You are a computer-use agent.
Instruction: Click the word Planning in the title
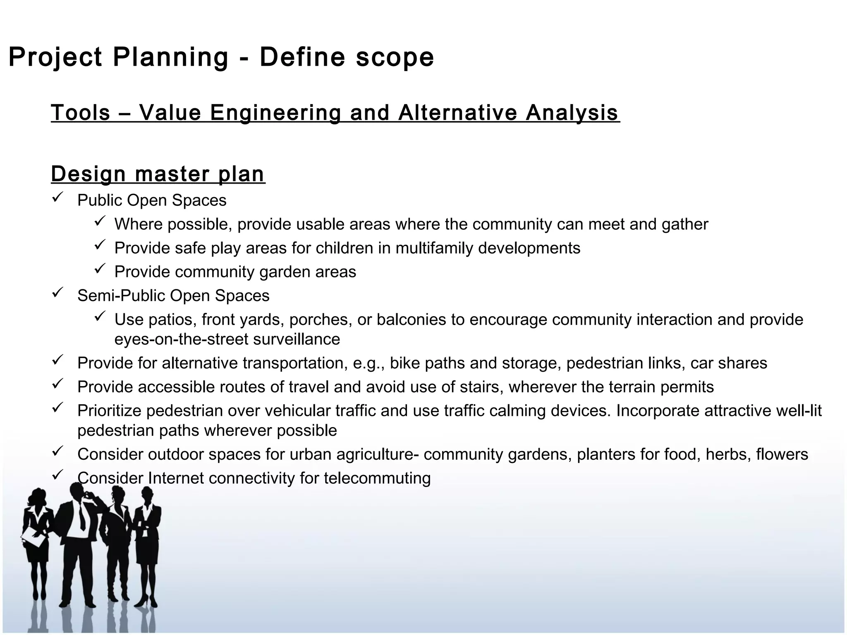pos(170,57)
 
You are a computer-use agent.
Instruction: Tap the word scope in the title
pos(395,57)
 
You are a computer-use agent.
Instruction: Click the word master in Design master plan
pos(172,174)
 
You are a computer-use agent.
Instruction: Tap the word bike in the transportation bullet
pos(405,363)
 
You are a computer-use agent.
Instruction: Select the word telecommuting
pos(377,478)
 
